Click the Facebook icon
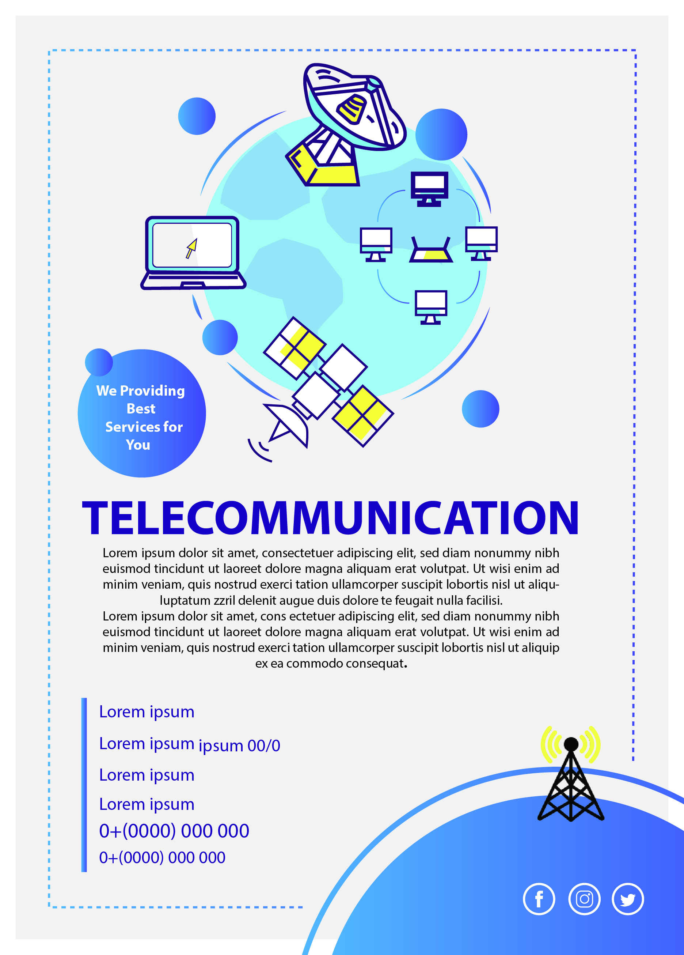tap(539, 899)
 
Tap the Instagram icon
tap(584, 899)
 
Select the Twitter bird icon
tap(628, 899)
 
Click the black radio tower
tap(571, 779)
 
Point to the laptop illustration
tap(193, 253)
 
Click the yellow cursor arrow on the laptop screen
tap(192, 248)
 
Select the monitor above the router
tap(429, 189)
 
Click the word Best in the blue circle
tap(141, 408)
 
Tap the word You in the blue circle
tap(138, 445)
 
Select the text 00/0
tap(264, 746)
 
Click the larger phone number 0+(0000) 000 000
tap(174, 831)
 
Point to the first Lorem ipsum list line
tap(147, 711)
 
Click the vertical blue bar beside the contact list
tap(84, 785)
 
